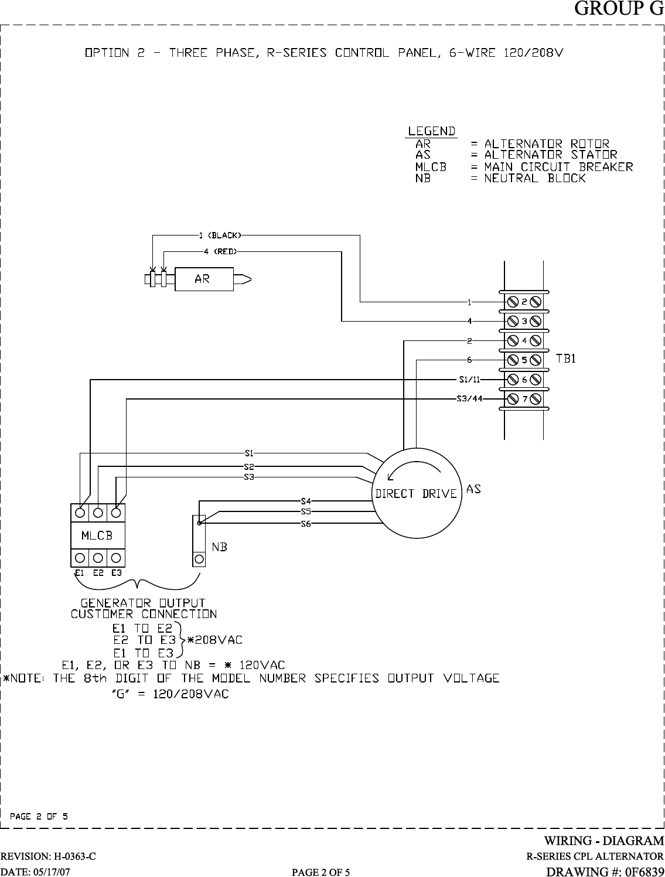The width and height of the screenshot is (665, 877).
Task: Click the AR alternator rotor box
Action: click(202, 279)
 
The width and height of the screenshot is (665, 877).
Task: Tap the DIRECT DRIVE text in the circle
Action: click(415, 493)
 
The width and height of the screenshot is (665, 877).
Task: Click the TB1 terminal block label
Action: click(565, 359)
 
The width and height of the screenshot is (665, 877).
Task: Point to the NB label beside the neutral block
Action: click(220, 547)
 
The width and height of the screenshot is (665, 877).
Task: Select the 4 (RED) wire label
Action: click(220, 251)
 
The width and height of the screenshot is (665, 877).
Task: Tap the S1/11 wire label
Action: click(470, 378)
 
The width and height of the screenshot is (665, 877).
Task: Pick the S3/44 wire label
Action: click(469, 399)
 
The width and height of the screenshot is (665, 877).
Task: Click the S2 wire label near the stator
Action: click(249, 466)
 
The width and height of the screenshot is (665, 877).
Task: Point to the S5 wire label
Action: click(305, 511)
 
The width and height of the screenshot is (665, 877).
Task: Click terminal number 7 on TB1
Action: click(525, 399)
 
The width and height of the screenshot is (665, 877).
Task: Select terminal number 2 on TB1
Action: click(525, 302)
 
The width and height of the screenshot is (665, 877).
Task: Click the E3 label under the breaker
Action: click(116, 572)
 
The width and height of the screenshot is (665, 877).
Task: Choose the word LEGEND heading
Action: click(432, 131)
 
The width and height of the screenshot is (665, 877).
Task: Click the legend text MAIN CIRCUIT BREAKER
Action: click(558, 167)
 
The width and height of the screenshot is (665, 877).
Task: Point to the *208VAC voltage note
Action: click(214, 640)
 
